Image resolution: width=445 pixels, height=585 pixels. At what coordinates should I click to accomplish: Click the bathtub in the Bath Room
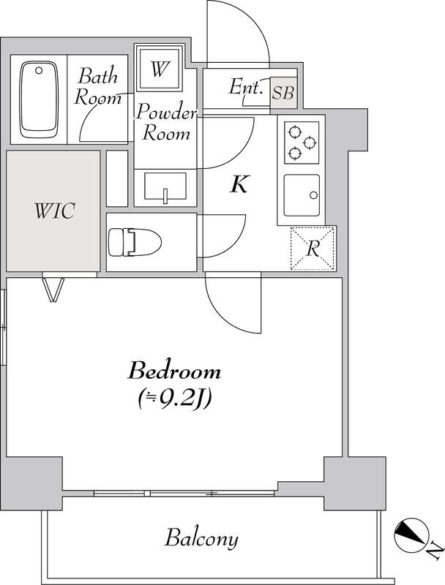(x=40, y=99)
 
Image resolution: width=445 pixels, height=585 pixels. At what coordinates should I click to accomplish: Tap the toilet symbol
(x=135, y=242)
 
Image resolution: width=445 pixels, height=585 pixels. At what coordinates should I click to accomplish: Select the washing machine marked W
(x=160, y=68)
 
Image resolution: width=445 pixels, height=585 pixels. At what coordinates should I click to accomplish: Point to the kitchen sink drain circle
(x=313, y=195)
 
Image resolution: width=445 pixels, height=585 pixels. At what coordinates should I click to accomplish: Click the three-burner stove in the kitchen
(x=302, y=143)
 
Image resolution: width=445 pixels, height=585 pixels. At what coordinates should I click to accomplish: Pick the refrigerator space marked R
(x=313, y=248)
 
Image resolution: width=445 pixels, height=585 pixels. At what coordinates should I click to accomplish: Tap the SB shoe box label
(x=283, y=93)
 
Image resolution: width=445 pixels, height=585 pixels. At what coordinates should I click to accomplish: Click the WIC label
(x=55, y=211)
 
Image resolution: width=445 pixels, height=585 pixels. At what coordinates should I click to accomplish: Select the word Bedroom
(x=174, y=371)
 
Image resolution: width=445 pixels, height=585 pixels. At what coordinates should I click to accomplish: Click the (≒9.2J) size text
(x=175, y=399)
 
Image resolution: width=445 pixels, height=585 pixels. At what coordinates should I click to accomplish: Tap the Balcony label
(x=201, y=538)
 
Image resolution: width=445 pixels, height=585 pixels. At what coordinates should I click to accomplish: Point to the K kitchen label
(x=239, y=184)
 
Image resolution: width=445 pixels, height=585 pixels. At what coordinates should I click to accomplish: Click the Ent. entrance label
(x=244, y=87)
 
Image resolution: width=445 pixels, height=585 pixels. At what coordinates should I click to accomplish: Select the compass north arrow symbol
(x=411, y=535)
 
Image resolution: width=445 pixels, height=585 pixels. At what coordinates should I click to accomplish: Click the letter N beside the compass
(x=435, y=550)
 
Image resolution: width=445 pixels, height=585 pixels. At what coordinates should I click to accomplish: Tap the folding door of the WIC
(x=53, y=289)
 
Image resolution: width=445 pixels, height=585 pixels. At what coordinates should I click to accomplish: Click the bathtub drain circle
(x=39, y=70)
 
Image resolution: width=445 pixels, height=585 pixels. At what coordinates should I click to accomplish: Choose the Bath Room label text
(x=98, y=86)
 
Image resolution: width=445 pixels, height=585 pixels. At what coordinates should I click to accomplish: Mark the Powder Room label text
(x=165, y=122)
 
